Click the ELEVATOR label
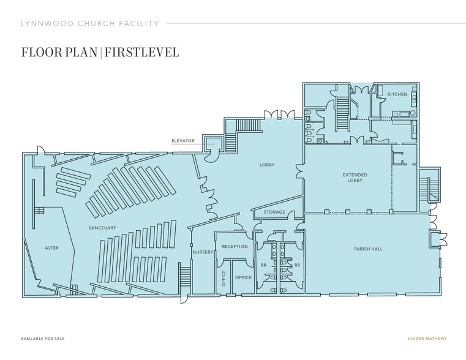183,141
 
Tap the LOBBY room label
266,165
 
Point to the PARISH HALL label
368,249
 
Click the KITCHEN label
397,94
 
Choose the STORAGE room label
274,212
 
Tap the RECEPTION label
235,247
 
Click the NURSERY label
202,252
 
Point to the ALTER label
51,248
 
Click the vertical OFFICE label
224,278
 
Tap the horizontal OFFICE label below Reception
244,277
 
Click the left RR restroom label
263,265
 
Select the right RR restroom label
297,265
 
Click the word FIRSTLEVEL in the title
142,51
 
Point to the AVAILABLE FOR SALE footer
42,338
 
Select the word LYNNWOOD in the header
43,24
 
